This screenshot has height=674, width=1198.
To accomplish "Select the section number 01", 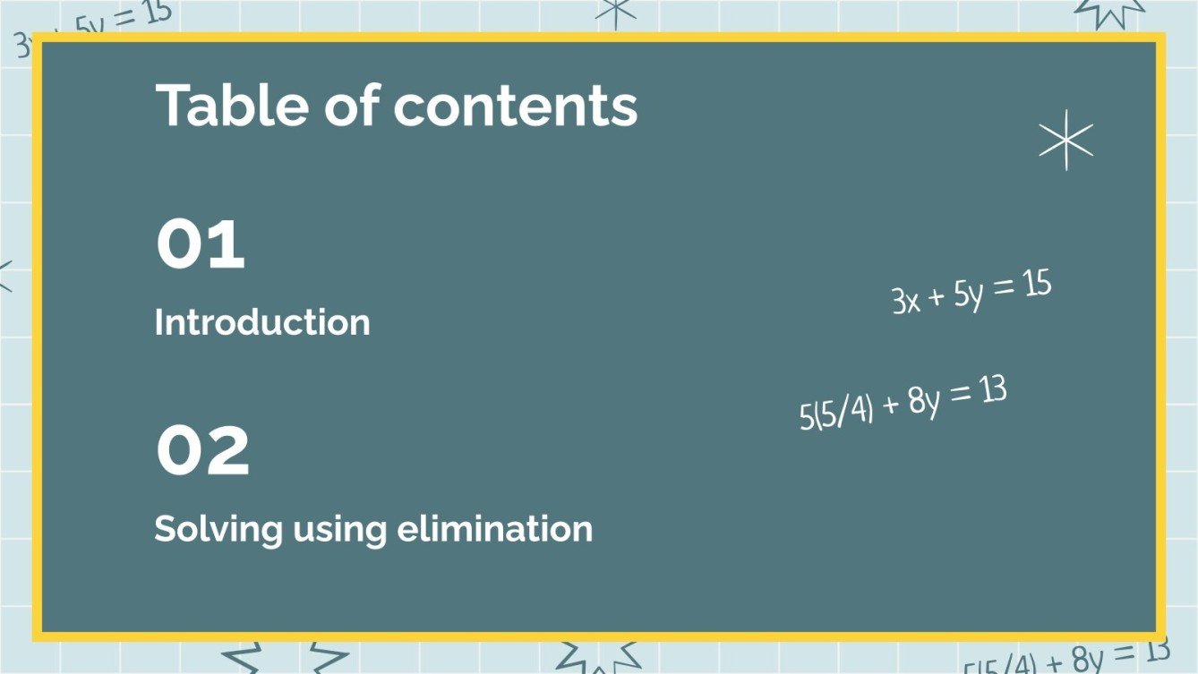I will pos(200,244).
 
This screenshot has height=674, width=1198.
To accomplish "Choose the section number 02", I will pos(202,451).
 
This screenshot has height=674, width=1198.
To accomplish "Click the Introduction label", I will pos(262,322).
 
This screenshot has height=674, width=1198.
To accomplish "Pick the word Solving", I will pos(218,529).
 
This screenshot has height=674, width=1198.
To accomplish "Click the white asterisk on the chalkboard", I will pos(1065,141).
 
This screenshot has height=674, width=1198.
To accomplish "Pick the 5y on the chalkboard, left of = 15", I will pos(969,294).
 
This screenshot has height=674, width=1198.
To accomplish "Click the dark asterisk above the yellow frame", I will pos(615,10).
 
